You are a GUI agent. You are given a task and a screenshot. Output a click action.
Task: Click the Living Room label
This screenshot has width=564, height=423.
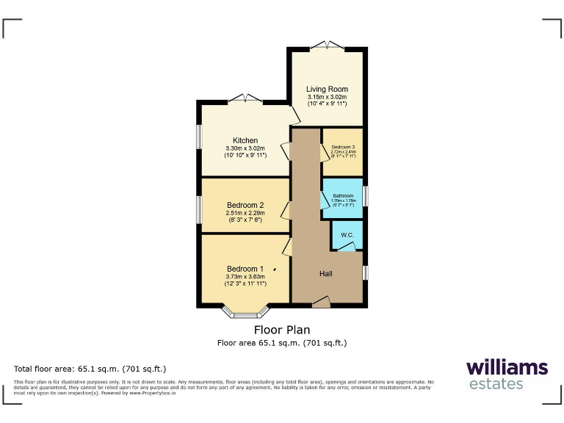327,90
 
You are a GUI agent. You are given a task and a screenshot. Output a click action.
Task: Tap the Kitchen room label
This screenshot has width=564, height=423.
245,140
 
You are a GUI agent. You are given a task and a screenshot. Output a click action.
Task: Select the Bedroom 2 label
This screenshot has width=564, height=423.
245,205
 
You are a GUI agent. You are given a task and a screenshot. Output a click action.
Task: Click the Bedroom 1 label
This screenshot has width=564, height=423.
245,268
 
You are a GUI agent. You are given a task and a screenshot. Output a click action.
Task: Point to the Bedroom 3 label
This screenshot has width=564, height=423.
342,148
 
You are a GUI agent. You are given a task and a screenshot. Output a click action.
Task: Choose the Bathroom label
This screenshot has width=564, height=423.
343,196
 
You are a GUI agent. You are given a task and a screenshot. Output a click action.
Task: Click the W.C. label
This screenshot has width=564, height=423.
347,235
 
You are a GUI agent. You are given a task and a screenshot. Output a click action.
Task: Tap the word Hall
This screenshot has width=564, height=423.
326,274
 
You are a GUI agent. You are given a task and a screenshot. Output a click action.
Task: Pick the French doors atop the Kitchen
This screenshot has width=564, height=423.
245,98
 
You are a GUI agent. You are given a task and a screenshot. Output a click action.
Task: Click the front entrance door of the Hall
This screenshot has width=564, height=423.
321,301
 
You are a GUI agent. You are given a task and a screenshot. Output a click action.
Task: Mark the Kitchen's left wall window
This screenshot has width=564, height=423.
198,140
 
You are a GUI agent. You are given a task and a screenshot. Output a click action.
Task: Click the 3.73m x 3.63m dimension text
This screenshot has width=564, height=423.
245,276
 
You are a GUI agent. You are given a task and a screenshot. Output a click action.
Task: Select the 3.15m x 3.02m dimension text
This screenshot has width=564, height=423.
327,97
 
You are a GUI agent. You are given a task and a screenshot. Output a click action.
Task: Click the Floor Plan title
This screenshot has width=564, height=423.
282,330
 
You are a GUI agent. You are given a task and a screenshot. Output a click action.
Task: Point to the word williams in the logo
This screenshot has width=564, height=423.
506,367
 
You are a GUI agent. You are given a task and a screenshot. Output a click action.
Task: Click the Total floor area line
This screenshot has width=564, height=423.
90,369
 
